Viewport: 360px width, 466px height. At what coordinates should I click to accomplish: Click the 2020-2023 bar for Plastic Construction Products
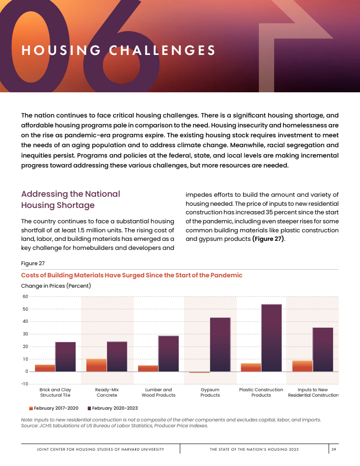click(x=271, y=338)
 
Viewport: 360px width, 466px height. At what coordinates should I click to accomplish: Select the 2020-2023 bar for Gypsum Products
click(x=220, y=344)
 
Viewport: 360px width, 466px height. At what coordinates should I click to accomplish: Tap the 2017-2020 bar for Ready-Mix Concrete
click(x=96, y=365)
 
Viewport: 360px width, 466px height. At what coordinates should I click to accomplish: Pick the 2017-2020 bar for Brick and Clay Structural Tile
click(x=45, y=368)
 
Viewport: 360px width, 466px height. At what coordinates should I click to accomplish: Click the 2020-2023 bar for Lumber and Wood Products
click(x=168, y=353)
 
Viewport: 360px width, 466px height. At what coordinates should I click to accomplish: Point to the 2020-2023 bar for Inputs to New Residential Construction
click(x=323, y=349)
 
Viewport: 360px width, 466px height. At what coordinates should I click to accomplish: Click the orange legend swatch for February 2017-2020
click(x=31, y=408)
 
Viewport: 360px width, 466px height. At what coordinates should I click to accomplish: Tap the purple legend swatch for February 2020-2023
click(x=89, y=408)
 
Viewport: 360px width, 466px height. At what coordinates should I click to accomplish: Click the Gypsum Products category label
click(x=210, y=392)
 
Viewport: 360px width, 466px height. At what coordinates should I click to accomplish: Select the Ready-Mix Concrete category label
click(x=107, y=392)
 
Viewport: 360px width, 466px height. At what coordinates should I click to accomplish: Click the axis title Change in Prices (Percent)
click(x=56, y=285)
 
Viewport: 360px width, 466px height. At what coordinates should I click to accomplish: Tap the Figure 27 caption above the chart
click(x=33, y=263)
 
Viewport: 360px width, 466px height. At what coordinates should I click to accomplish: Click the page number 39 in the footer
click(x=334, y=449)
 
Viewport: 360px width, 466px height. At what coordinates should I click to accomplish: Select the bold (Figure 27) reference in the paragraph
click(x=268, y=239)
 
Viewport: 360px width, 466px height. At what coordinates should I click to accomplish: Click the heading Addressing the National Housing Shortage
click(x=71, y=199)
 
